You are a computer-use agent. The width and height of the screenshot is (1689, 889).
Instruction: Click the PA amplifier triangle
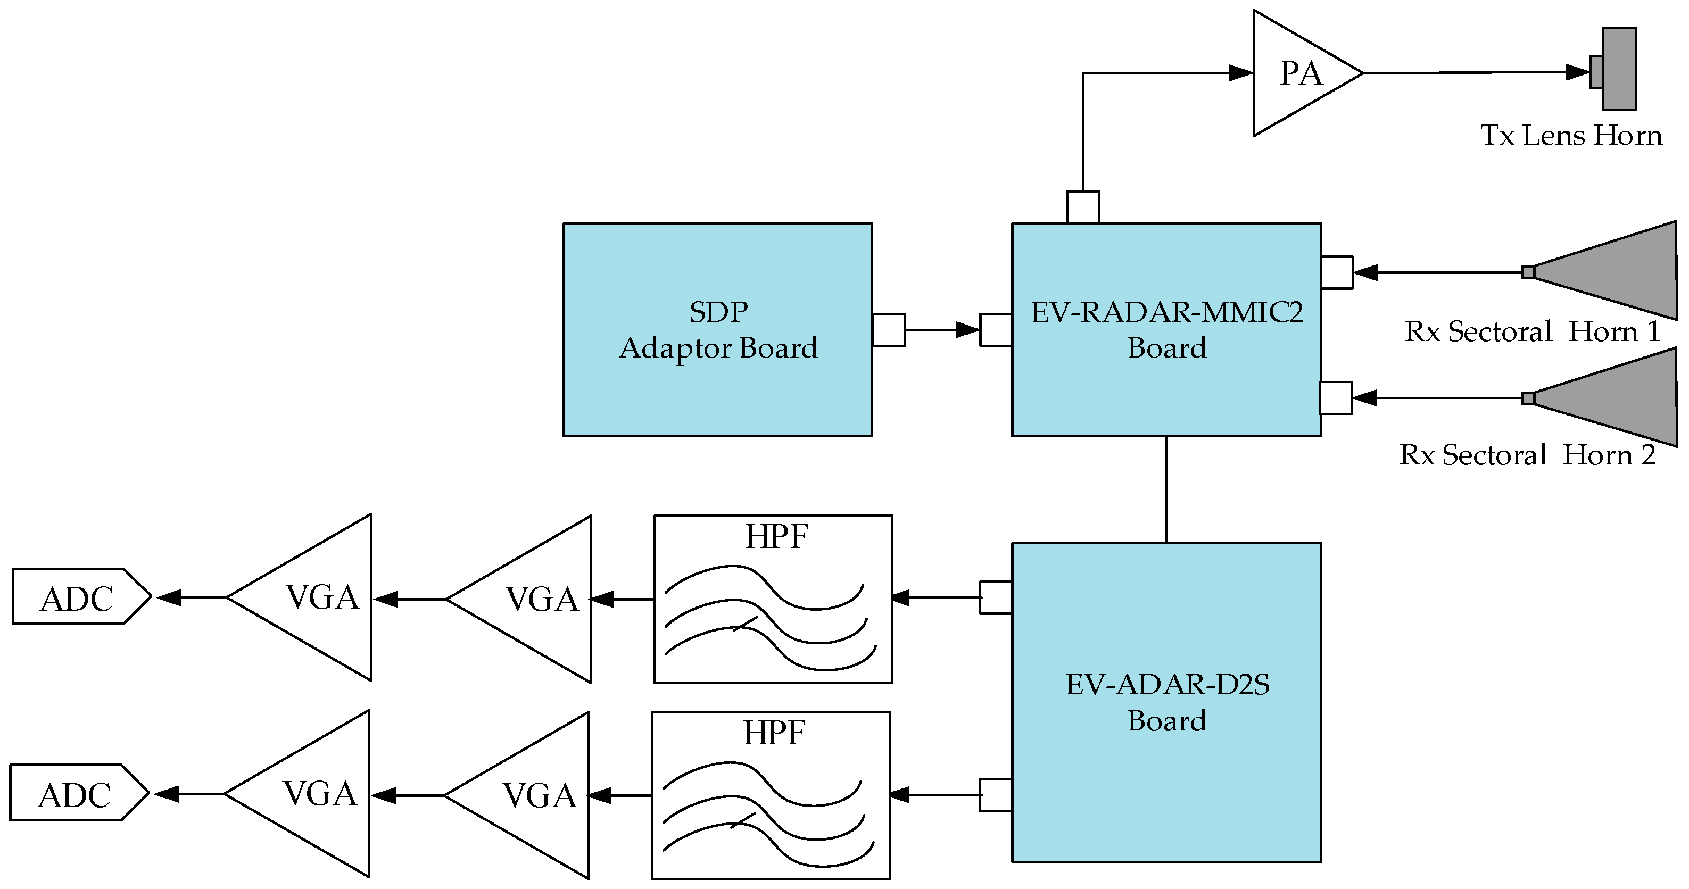(1295, 73)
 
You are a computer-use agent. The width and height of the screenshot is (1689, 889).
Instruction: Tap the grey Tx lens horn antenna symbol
(1618, 69)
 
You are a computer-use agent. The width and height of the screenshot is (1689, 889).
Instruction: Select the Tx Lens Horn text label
(1571, 136)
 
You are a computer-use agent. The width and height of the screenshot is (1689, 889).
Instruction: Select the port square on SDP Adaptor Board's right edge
(889, 330)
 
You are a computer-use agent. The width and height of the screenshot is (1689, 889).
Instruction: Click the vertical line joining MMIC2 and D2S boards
(1166, 489)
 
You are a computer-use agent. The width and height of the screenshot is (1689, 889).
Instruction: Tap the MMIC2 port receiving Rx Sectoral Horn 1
(1336, 272)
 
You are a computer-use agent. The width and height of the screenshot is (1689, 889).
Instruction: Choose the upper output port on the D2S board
(995, 597)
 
